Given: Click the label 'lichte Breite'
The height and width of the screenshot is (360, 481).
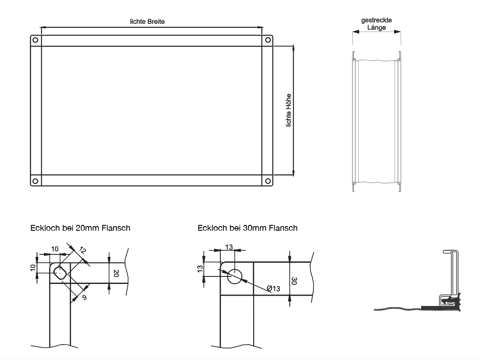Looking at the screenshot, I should click(x=148, y=22).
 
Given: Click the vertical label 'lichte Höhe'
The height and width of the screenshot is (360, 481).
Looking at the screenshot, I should click(x=289, y=110).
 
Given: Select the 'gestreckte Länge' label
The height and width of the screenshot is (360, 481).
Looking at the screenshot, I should click(x=376, y=24).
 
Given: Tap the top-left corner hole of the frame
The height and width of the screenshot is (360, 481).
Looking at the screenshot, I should click(x=35, y=40).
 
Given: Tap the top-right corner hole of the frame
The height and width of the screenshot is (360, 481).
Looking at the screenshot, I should click(x=268, y=40).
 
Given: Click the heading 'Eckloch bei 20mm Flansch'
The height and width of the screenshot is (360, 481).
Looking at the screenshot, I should click(x=80, y=228).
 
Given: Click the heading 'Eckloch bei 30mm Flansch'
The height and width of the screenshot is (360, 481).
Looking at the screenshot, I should click(x=247, y=228).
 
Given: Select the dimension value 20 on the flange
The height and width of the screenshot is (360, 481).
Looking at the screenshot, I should click(x=116, y=273).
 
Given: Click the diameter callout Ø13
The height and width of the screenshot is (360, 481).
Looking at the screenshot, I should click(x=274, y=288).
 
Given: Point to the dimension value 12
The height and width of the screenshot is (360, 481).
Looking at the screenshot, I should click(x=82, y=250).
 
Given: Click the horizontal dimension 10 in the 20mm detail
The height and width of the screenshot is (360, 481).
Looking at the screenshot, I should click(x=55, y=249).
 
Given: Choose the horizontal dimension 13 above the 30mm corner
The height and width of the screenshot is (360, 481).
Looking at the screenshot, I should click(x=229, y=247).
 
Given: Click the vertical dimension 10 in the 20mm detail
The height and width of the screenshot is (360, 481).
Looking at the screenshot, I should click(x=33, y=267).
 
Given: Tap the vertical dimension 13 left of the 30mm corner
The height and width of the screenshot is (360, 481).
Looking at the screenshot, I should click(x=200, y=270).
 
